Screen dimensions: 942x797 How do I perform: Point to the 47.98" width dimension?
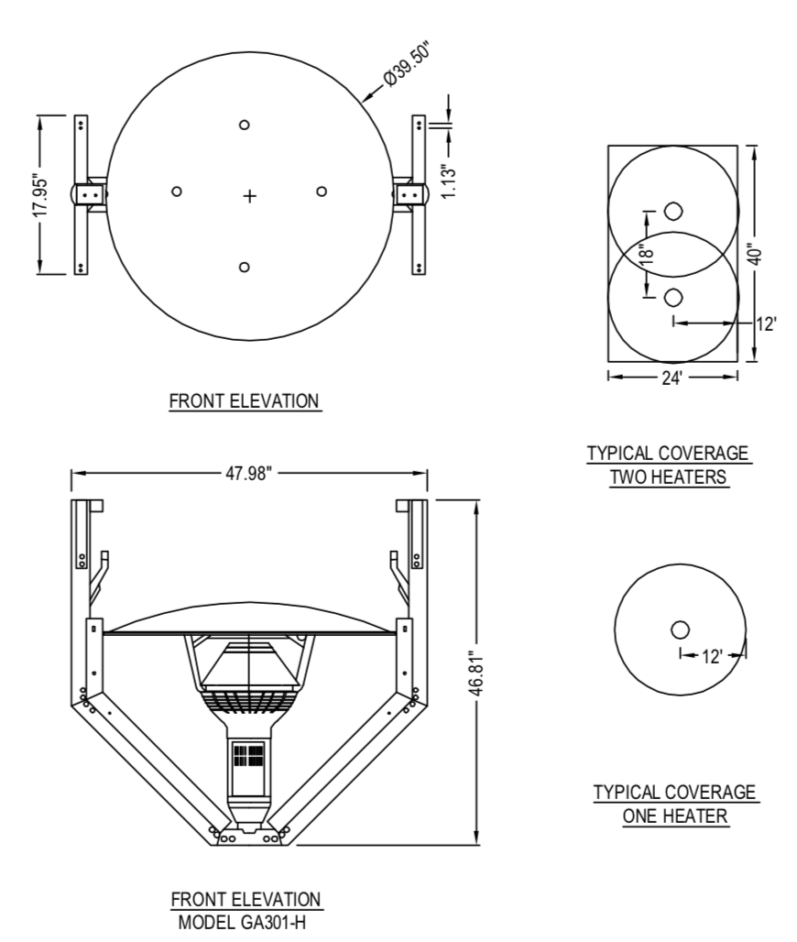point(249,473)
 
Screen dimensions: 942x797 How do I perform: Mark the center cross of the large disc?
point(249,196)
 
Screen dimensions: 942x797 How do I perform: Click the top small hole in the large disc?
point(244,126)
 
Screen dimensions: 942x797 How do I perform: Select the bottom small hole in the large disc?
point(244,267)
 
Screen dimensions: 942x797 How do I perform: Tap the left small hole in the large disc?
point(177,191)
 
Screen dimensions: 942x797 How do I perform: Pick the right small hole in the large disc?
point(322,191)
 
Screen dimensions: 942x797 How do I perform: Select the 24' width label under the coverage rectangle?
point(672,377)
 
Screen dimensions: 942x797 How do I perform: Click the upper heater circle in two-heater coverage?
point(673,211)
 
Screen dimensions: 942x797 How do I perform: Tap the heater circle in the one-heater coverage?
point(680,630)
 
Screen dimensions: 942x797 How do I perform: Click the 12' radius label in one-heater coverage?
point(713,655)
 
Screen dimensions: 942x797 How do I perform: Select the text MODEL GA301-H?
point(246,922)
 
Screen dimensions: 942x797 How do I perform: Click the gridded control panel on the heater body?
point(249,757)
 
